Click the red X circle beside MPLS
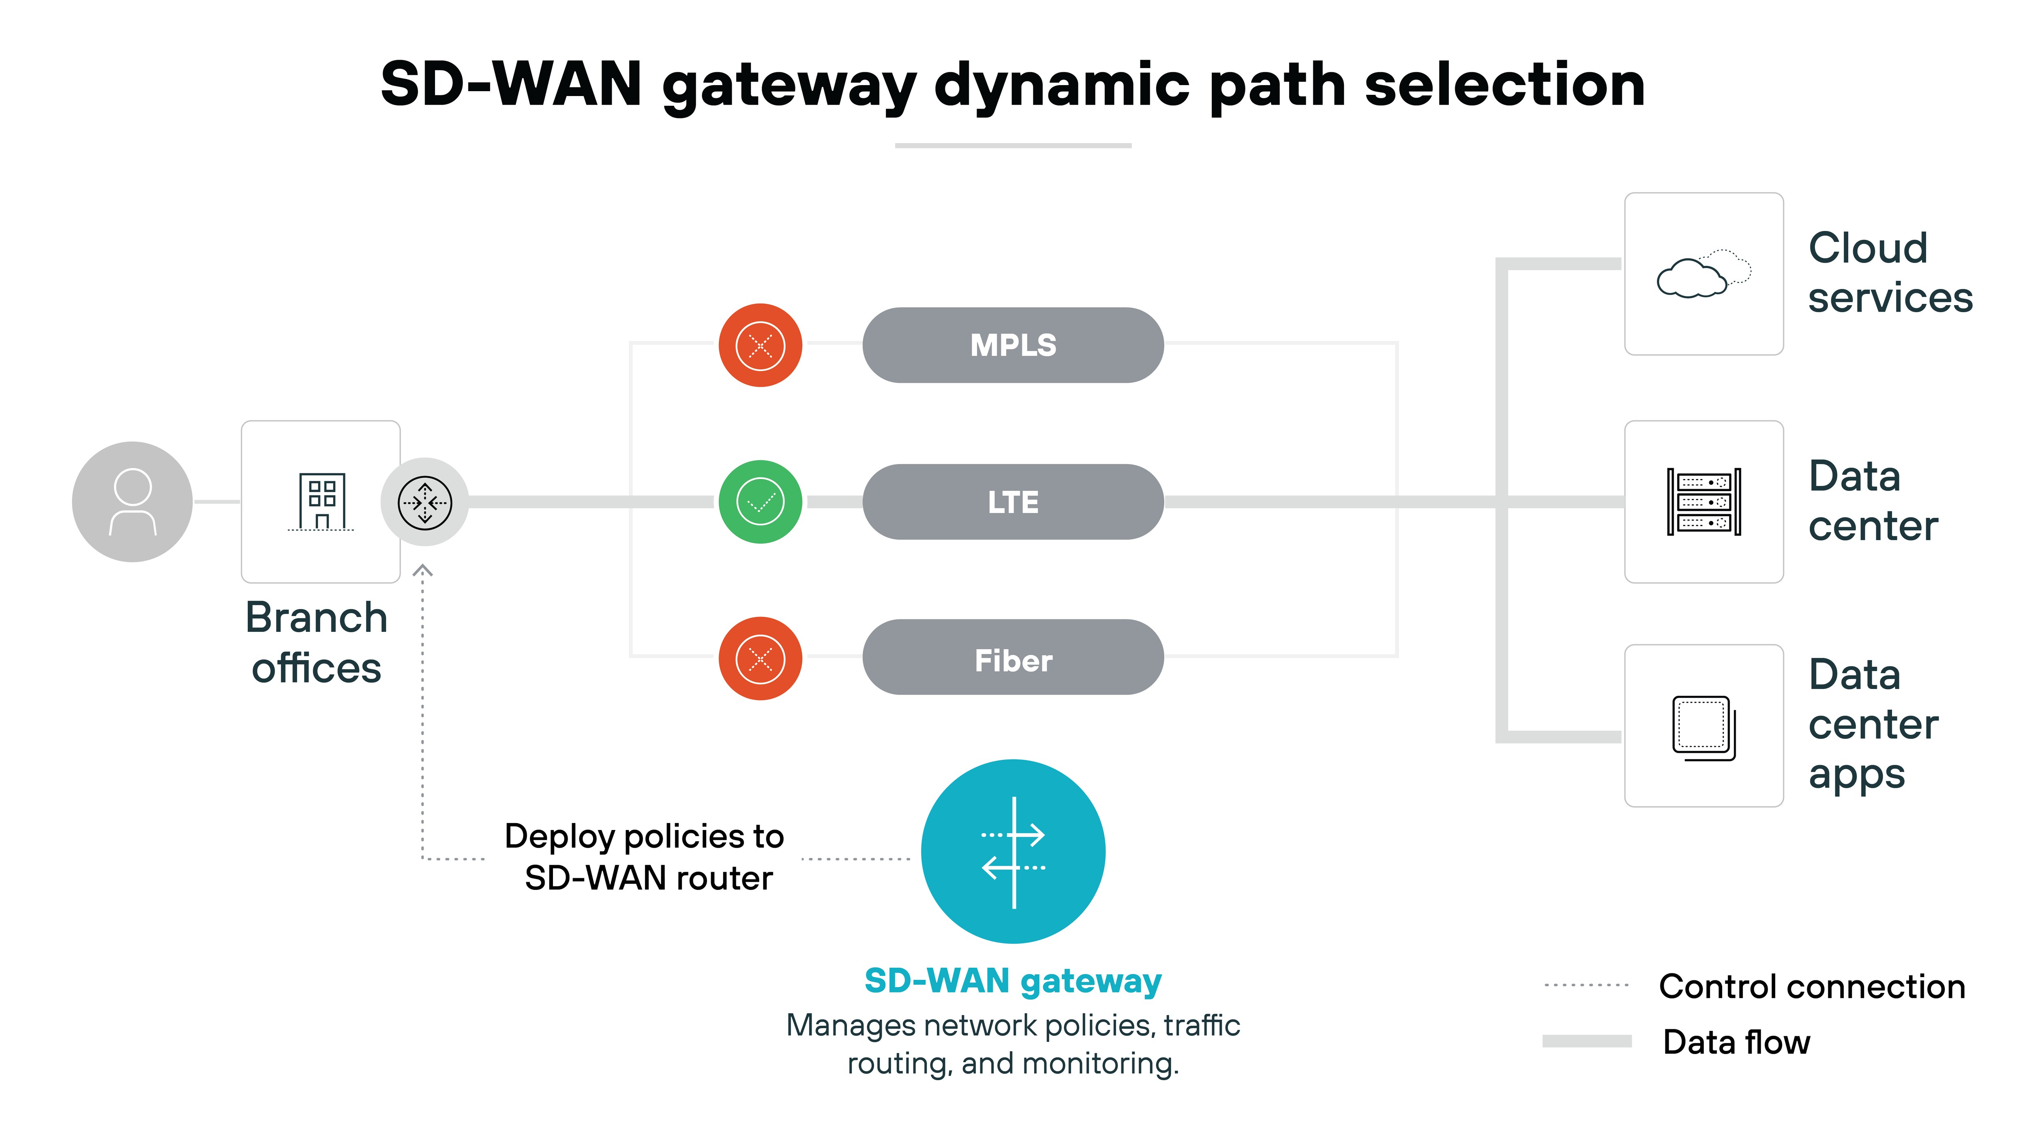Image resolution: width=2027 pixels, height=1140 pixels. tap(760, 345)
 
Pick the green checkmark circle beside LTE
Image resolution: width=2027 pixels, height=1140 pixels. tap(760, 502)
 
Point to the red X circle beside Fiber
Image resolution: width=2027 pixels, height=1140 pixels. tap(760, 659)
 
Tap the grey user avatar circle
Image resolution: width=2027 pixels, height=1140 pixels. tap(132, 502)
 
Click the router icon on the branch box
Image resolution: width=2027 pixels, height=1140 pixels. tap(425, 502)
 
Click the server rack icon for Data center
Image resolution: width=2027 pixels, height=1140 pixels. tap(1703, 502)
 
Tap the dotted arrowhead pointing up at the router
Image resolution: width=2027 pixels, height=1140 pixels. tap(422, 570)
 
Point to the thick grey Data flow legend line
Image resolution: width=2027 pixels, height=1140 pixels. tap(1586, 1041)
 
